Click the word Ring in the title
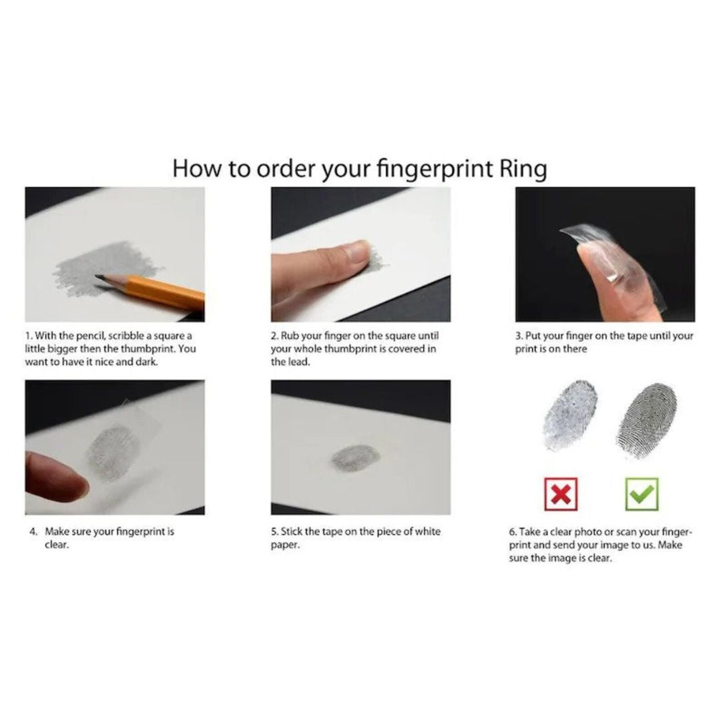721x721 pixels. point(523,169)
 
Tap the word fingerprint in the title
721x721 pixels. point(435,169)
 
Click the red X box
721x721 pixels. point(561,494)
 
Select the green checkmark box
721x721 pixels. point(642,494)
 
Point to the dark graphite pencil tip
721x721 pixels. point(99,277)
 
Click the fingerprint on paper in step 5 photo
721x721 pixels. point(355,459)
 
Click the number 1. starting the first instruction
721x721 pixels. point(29,336)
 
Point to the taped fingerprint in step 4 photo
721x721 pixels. point(113,453)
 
